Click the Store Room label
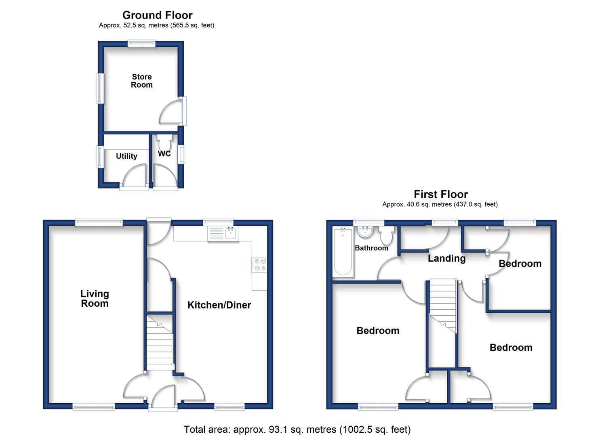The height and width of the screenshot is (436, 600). pos(142,81)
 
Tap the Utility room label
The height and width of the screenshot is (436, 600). pos(126,156)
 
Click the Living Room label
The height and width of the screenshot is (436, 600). pos(95,298)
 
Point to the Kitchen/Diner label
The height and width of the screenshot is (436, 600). pos(219,305)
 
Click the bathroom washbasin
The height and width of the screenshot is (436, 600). pos(364,232)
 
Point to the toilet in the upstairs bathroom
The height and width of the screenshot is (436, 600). pos(386,234)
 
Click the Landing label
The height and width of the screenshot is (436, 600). pos(446,258)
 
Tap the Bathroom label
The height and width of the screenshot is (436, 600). pos(371,248)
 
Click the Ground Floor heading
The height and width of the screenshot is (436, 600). pos(158,15)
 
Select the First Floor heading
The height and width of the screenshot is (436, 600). pos(441,194)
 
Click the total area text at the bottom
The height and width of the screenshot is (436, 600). pos(297,430)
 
